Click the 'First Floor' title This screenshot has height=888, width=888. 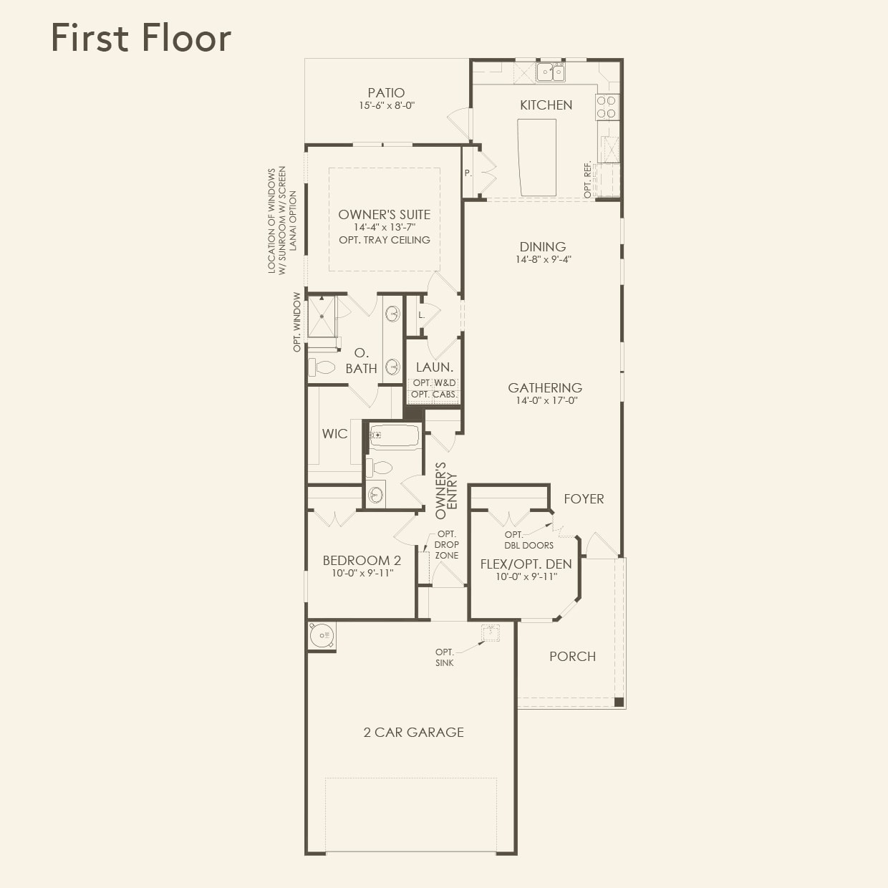coord(141,38)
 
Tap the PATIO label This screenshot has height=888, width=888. coord(386,93)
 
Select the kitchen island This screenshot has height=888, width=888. coord(537,157)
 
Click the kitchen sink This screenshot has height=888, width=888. coord(551,72)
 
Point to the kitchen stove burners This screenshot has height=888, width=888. coord(606,107)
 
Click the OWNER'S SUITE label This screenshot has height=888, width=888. coord(384,214)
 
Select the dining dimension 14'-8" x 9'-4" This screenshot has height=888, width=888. coord(543,259)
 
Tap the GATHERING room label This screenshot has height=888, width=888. coord(544,387)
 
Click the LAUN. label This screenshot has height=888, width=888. coord(434,367)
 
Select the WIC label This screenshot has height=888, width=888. coord(334,433)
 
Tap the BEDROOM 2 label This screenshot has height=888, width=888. coord(362,561)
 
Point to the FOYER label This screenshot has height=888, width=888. coord(584,498)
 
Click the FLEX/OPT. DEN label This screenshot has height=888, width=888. coord(526,564)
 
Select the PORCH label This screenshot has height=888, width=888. coord(572,656)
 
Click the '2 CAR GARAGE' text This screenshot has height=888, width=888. coord(413,732)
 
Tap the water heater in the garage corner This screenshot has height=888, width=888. coord(322,635)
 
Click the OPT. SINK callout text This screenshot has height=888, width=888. coord(444,657)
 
